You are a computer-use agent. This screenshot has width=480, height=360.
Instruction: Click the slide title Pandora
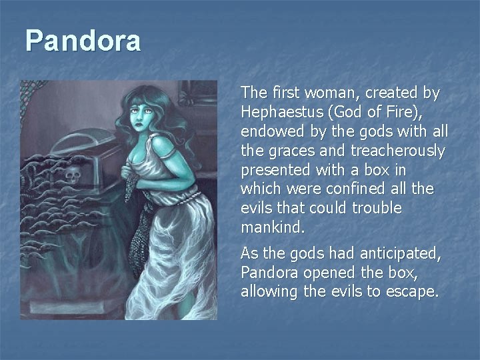pos(83,41)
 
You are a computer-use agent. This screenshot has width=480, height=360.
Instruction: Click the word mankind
pos(273,227)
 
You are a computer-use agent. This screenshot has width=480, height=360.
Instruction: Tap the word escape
pos(415,293)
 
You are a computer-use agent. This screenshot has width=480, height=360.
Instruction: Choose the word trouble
pos(379,208)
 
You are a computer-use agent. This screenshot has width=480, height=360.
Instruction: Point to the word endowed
pos(268,131)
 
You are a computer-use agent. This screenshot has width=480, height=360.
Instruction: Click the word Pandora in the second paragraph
pos(271,273)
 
